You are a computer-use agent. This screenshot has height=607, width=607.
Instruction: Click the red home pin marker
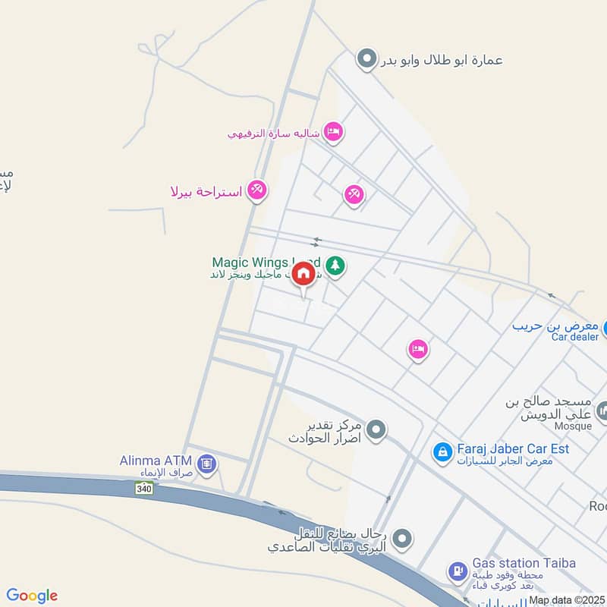click(x=303, y=274)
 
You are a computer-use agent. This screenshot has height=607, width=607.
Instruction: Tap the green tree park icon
click(x=336, y=266)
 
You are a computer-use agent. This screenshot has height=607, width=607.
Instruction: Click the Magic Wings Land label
click(x=262, y=263)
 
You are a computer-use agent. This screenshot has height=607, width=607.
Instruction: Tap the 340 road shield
click(x=143, y=489)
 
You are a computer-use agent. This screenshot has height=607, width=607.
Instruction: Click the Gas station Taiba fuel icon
click(x=458, y=570)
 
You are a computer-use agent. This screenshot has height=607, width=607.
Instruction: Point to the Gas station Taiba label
click(x=524, y=563)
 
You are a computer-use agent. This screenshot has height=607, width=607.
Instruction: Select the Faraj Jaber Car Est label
click(x=513, y=448)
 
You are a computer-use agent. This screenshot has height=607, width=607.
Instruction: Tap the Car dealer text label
click(x=575, y=337)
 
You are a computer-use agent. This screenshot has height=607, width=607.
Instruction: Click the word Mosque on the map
click(x=573, y=426)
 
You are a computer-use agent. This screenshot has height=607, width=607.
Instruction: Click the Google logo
click(x=32, y=596)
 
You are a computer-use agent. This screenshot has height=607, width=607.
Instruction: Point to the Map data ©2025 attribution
click(x=566, y=599)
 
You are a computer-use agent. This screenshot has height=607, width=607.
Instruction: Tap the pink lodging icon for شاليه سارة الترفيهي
click(x=332, y=132)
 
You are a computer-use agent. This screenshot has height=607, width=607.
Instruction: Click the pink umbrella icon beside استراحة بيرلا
click(x=257, y=190)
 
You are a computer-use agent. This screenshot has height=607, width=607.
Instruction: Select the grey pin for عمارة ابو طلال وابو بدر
click(x=366, y=58)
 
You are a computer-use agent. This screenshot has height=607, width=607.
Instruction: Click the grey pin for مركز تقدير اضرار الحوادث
click(x=376, y=431)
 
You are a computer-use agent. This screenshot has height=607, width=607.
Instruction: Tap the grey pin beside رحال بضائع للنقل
click(x=403, y=539)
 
